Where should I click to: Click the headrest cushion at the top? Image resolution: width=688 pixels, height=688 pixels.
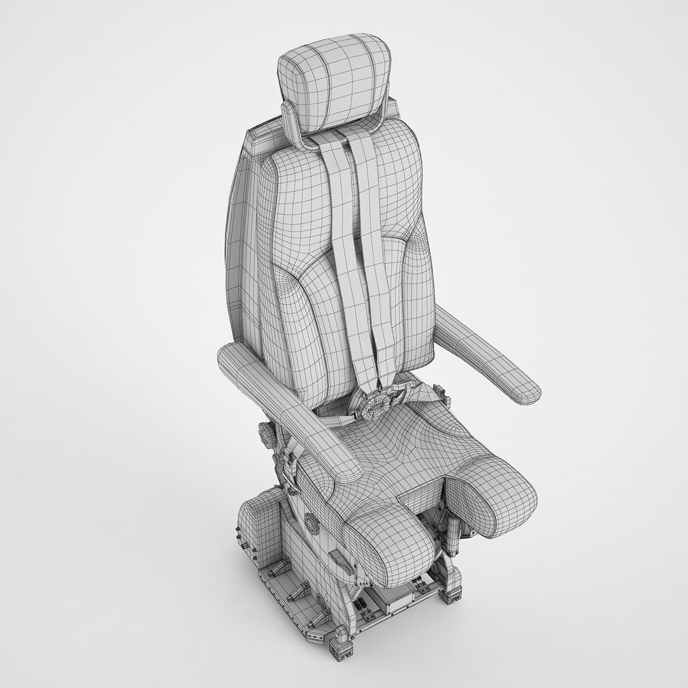pyautogui.click(x=334, y=83)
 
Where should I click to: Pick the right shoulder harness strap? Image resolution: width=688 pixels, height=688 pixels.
pyautogui.click(x=376, y=242)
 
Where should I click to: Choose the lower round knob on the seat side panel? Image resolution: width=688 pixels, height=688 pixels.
pyautogui.click(x=312, y=524)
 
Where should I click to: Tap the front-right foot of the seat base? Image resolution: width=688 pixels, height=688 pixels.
pyautogui.click(x=450, y=593)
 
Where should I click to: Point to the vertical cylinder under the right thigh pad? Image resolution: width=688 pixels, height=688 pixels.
pyautogui.click(x=454, y=535)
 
